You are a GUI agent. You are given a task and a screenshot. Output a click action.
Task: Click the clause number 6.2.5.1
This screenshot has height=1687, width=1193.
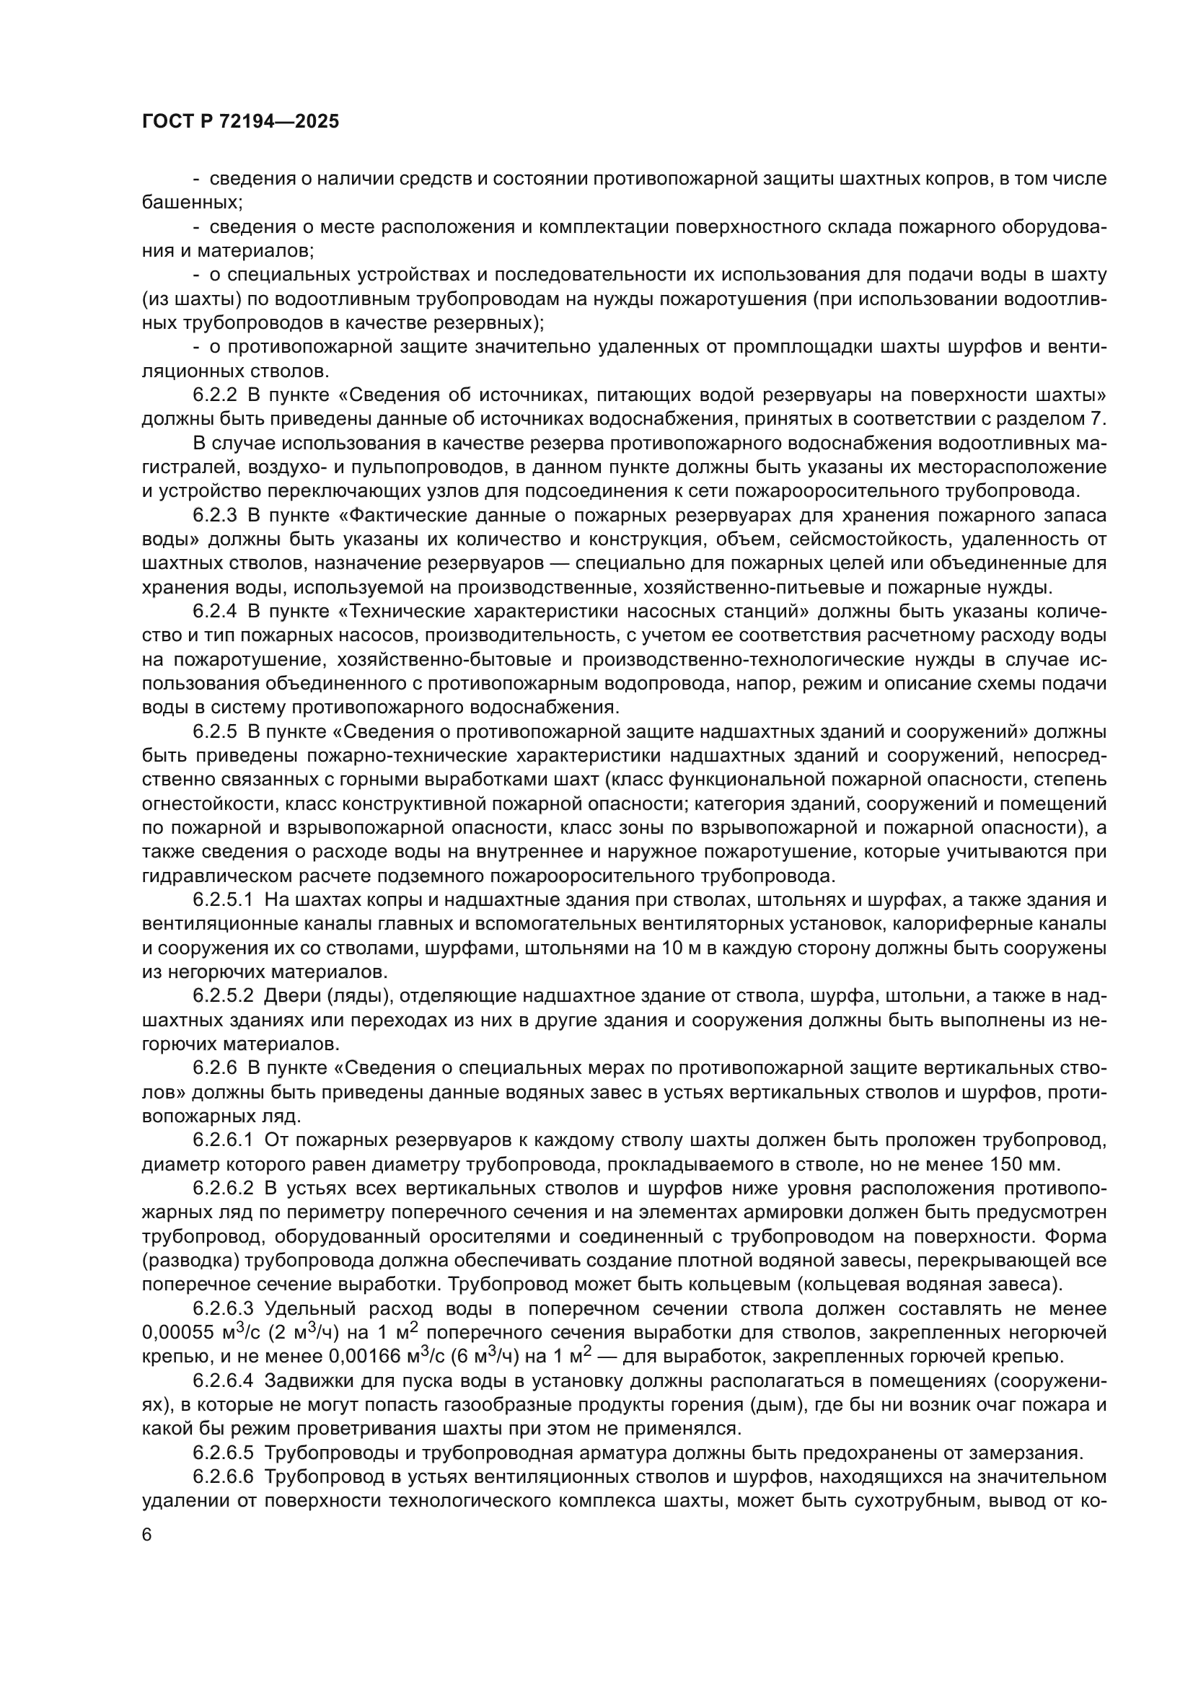click(224, 900)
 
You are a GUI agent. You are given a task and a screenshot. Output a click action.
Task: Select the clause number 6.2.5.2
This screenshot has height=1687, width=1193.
click(224, 996)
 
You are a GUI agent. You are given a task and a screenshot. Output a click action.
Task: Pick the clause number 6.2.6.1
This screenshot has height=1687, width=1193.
click(224, 1140)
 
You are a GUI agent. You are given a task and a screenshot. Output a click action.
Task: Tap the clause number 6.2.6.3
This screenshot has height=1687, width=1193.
click(224, 1308)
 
